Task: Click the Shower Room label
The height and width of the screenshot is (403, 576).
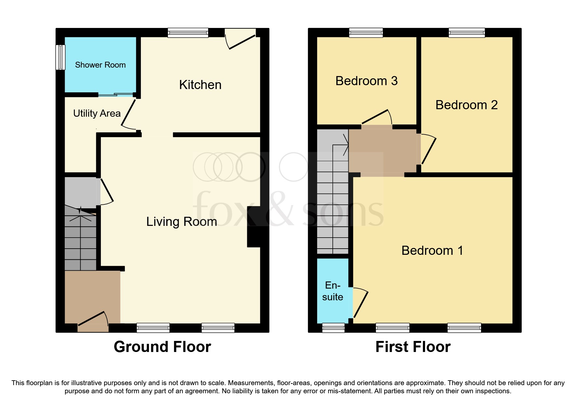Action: click(x=100, y=65)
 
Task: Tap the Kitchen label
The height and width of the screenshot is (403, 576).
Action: click(x=200, y=85)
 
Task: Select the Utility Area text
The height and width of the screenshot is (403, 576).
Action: click(x=97, y=113)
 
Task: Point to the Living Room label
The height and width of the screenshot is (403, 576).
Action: click(x=181, y=222)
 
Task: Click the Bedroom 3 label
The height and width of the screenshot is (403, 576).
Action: click(x=366, y=81)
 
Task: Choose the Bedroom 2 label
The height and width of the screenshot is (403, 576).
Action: click(x=466, y=105)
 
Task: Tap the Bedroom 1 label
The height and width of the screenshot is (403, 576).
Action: click(x=432, y=251)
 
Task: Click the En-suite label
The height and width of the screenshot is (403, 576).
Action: click(x=332, y=291)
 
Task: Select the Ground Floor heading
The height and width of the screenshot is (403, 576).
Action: click(x=162, y=347)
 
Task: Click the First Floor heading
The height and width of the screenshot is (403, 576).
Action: click(x=413, y=347)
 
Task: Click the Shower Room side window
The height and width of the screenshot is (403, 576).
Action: click(x=60, y=57)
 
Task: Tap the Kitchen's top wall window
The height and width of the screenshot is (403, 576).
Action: click(x=188, y=32)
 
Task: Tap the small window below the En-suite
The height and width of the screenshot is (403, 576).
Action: click(x=333, y=328)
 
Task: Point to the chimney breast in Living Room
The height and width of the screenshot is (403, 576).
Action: click(x=258, y=227)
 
